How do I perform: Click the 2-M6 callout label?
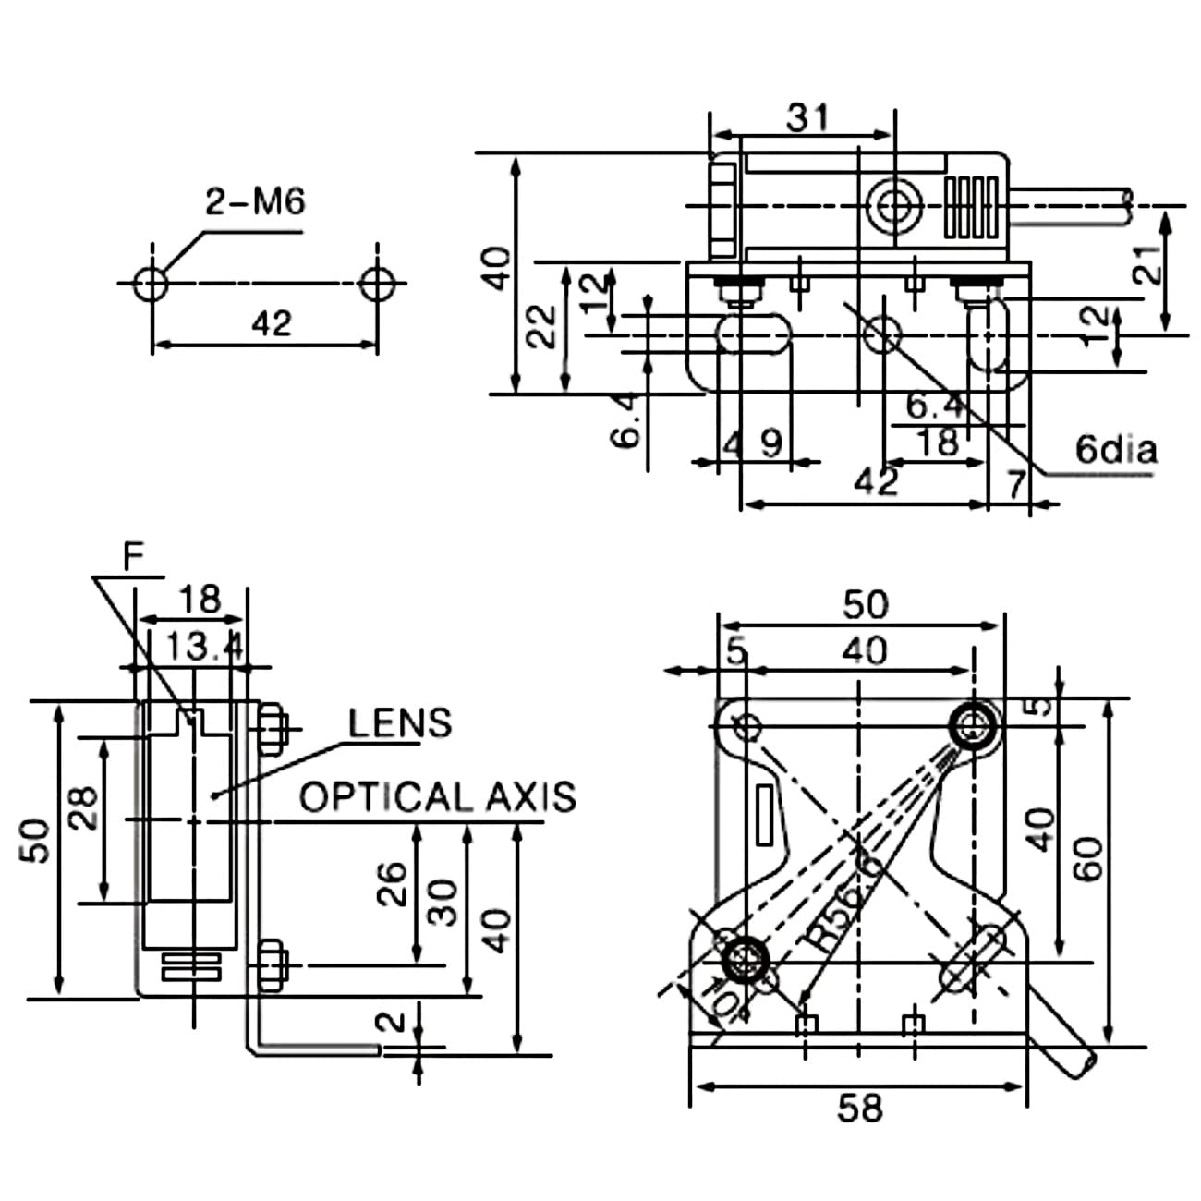(255, 202)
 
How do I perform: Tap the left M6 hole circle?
(152, 284)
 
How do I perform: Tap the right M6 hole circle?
(377, 284)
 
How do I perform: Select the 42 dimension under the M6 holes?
(271, 323)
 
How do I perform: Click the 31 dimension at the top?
(807, 117)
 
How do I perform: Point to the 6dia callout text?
(1116, 449)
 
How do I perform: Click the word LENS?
(399, 723)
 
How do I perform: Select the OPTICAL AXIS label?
(438, 796)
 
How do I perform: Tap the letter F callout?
(133, 556)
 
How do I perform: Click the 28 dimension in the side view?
(83, 807)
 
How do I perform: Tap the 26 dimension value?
(392, 883)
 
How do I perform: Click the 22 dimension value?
(540, 327)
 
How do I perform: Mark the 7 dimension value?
(1016, 484)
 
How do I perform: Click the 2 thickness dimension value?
(391, 1022)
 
